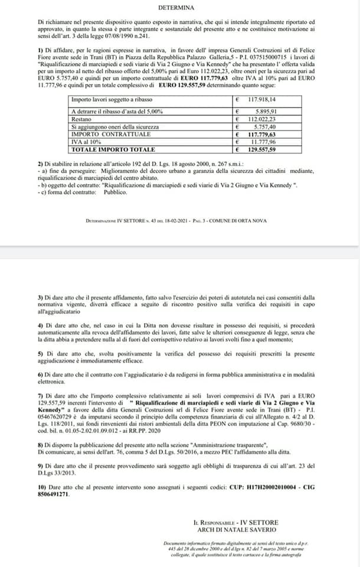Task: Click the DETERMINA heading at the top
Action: coord(180,8)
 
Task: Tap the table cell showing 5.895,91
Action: coord(271,112)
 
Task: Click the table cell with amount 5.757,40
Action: coord(271,126)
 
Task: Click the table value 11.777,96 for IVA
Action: coord(270,142)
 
